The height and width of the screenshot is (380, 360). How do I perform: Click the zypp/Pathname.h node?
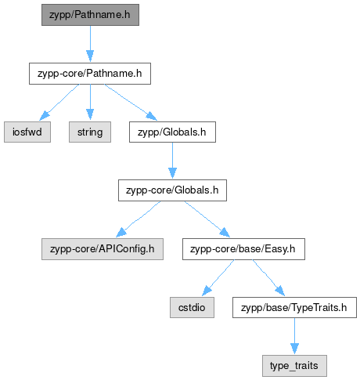pyautogui.click(x=90, y=15)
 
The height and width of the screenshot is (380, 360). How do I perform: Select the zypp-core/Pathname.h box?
pyautogui.click(x=90, y=74)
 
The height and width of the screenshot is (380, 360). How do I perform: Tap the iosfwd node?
pyautogui.click(x=27, y=132)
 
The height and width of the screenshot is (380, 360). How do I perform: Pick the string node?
pyautogui.click(x=90, y=132)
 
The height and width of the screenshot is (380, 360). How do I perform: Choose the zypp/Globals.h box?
pyautogui.click(x=172, y=132)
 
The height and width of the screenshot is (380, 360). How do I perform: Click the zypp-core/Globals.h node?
pyautogui.click(x=172, y=190)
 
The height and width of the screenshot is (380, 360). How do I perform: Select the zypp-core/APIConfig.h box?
pyautogui.click(x=103, y=249)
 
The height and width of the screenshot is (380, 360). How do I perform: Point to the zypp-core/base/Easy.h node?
pyautogui.click(x=243, y=249)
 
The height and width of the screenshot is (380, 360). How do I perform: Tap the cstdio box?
pyautogui.click(x=192, y=307)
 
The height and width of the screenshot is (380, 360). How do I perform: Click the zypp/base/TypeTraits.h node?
pyautogui.click(x=294, y=307)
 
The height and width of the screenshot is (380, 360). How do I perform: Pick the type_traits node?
pyautogui.click(x=294, y=366)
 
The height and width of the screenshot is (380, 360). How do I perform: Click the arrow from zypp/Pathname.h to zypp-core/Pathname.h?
pyautogui.click(x=90, y=44)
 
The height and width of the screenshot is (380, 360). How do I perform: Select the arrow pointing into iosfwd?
pyautogui.click(x=59, y=103)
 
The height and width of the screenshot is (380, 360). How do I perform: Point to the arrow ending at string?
pyautogui.click(x=90, y=103)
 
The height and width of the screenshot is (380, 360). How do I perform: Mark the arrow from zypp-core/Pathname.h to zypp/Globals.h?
pyautogui.click(x=131, y=103)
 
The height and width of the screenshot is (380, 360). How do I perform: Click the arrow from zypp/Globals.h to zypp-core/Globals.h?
pyautogui.click(x=172, y=161)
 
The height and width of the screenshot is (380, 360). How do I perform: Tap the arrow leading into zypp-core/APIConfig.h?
pyautogui.click(x=139, y=219)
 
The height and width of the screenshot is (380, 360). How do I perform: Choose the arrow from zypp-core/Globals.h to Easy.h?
pyautogui.click(x=207, y=219)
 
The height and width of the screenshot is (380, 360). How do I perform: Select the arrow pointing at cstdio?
pyautogui.click(x=218, y=278)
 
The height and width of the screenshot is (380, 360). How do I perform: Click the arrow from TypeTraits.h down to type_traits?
pyautogui.click(x=294, y=336)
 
